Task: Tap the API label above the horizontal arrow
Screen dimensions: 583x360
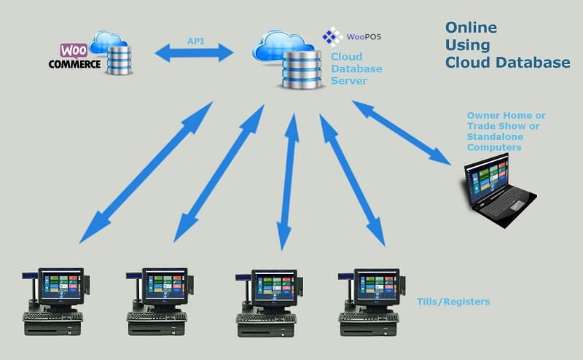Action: click(x=195, y=41)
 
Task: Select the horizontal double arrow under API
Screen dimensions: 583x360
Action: click(x=194, y=52)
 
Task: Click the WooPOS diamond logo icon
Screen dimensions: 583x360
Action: click(x=332, y=36)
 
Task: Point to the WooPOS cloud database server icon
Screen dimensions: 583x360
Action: click(x=287, y=60)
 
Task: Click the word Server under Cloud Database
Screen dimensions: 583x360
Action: click(x=349, y=81)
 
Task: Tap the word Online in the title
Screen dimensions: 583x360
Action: click(x=471, y=28)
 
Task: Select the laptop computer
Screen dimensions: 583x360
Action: click(x=500, y=190)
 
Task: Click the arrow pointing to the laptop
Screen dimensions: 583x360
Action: click(x=402, y=133)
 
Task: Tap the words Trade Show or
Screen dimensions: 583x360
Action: click(x=503, y=126)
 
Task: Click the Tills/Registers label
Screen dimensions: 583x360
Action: click(x=453, y=302)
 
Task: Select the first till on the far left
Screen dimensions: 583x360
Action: click(x=55, y=302)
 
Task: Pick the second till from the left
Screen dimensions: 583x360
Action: click(x=160, y=302)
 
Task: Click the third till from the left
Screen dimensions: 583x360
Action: click(x=269, y=303)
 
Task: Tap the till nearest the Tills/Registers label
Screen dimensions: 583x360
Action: click(x=372, y=302)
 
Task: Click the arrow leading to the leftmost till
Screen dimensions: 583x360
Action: click(x=146, y=173)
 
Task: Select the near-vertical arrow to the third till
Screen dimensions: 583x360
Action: click(x=289, y=181)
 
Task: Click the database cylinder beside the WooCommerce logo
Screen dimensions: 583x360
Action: click(x=119, y=60)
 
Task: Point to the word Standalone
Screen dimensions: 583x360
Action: click(x=495, y=137)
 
